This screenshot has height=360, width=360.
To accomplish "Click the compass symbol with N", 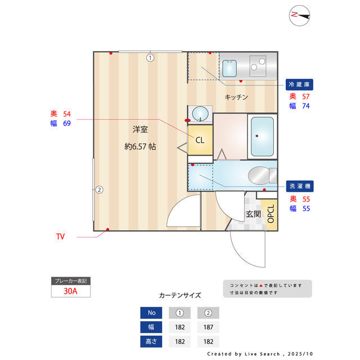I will (300, 16).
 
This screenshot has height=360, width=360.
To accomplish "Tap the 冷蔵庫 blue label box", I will (299, 84).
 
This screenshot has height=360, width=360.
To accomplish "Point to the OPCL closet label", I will (271, 214).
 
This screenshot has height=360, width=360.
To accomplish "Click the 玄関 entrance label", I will (253, 214).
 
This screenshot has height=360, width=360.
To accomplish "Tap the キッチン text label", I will (236, 97).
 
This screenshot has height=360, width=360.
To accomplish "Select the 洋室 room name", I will (140, 129).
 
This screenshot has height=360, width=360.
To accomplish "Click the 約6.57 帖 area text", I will (140, 146).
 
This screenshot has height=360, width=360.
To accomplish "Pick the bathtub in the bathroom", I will (262, 136).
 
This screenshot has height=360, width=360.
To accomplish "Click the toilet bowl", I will (259, 175).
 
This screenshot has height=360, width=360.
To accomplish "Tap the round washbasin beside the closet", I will (200, 114).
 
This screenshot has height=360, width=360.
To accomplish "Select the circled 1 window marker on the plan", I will (150, 57).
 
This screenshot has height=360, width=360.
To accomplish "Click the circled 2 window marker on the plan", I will (98, 190).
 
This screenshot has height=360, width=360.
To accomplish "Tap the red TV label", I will (60, 237).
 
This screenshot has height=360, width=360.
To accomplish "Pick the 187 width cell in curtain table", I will (208, 327).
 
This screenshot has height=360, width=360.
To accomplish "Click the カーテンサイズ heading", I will (180, 295).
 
